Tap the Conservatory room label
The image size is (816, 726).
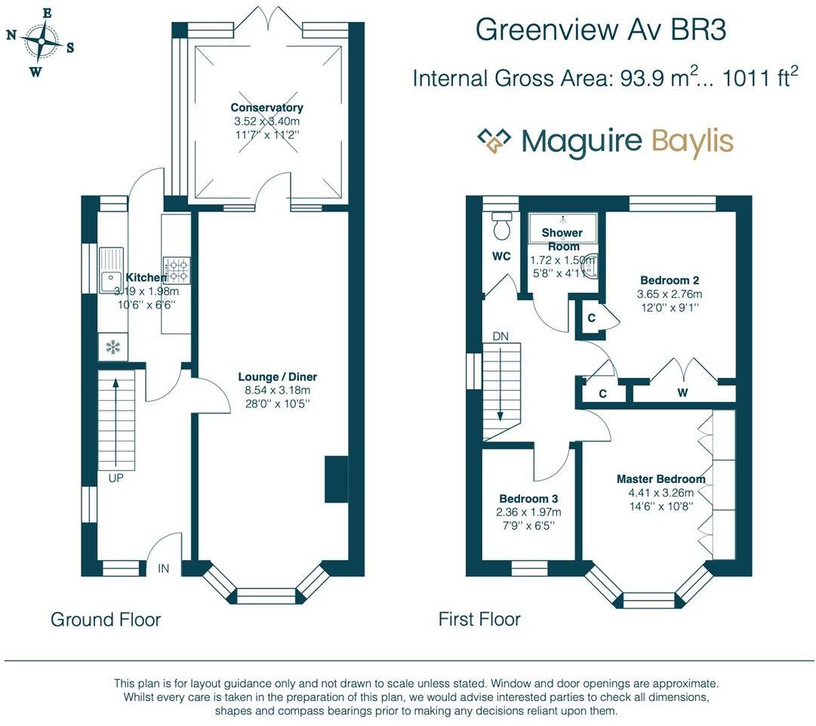[266, 108]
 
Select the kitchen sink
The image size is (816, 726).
[111, 269]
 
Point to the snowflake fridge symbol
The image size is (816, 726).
[112, 347]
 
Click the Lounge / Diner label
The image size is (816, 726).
[277, 377]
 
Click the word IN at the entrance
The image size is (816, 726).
[164, 568]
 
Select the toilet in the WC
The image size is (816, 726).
[500, 226]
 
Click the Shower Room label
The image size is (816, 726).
[563, 239]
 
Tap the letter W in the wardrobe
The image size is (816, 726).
[682, 392]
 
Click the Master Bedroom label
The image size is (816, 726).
[660, 479]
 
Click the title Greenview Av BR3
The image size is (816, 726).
[601, 31]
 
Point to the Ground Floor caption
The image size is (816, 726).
[106, 620]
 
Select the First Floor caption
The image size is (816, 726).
[479, 620]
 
